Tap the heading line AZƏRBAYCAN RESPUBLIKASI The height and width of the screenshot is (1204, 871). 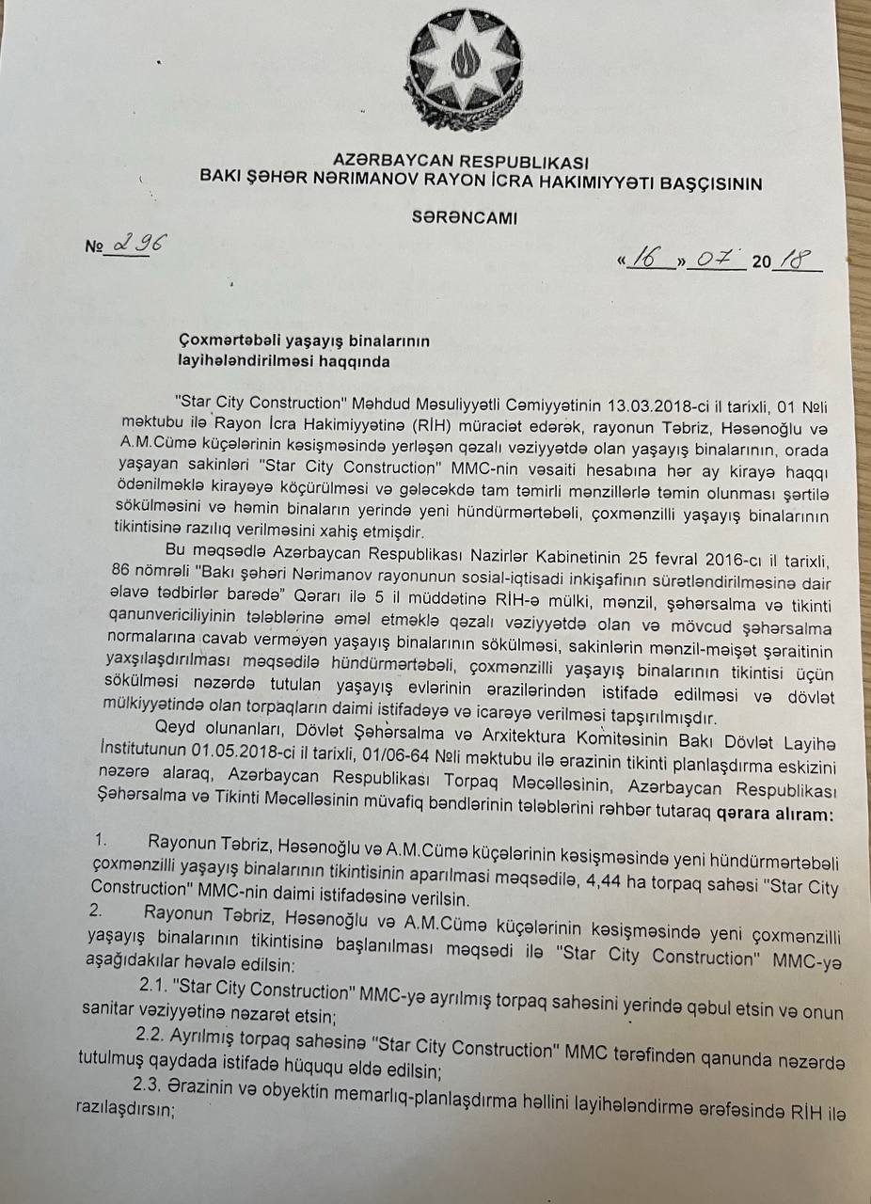tap(460, 163)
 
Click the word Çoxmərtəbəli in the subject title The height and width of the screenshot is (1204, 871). tap(227, 341)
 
